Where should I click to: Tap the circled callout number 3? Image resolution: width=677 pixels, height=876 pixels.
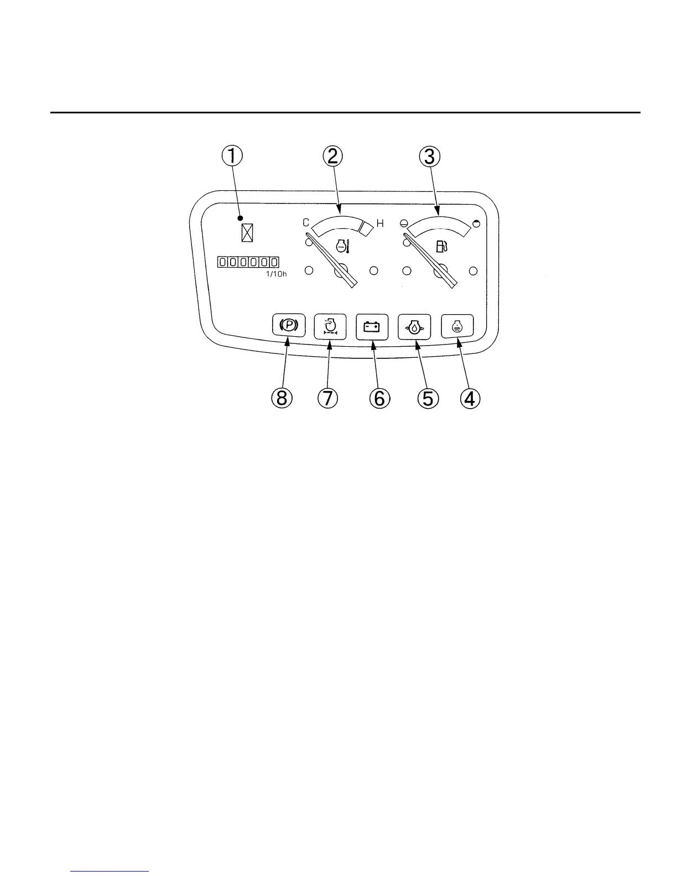[x=429, y=156]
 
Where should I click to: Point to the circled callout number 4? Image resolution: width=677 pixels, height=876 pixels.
[x=469, y=398]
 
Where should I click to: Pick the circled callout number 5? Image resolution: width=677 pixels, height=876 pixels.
[x=428, y=398]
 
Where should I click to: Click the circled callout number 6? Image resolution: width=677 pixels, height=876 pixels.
[x=379, y=398]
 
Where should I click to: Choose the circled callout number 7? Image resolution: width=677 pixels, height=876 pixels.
[x=327, y=398]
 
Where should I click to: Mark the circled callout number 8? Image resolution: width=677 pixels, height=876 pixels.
[x=282, y=398]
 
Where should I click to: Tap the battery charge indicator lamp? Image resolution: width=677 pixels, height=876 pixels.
[x=371, y=327]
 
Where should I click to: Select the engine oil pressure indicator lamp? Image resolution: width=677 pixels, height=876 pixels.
[x=414, y=327]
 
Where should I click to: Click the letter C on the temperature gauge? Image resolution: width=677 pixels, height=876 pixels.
[x=305, y=223]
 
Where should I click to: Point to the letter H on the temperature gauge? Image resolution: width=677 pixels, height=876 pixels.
[x=380, y=224]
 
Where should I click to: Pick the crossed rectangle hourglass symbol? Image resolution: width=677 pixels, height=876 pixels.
[x=247, y=232]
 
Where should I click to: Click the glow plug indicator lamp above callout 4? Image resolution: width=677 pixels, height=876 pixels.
[x=457, y=326]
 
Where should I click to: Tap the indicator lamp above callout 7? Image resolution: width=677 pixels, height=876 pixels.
[x=330, y=327]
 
